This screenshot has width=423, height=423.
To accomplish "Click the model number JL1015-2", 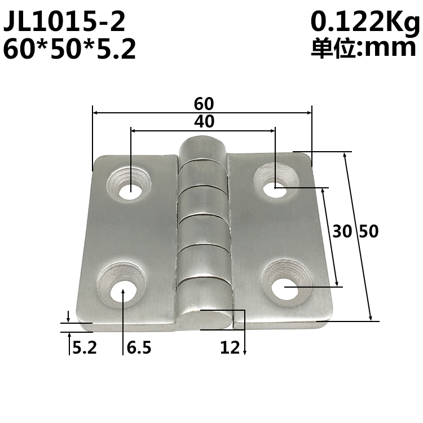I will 64,23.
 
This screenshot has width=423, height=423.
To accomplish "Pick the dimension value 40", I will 204,121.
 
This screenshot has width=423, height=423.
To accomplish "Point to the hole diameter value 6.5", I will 139,348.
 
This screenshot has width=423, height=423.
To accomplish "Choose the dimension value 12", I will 230,348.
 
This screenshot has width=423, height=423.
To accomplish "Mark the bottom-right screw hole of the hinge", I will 284,288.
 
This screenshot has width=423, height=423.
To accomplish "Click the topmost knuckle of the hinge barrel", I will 202,149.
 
